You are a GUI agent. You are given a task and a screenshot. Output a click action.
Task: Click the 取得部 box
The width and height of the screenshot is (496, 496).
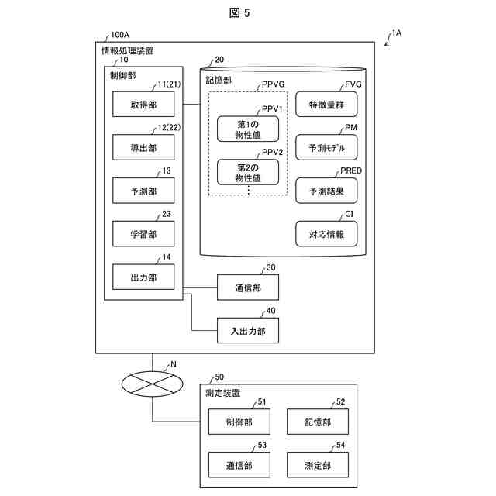pos(143,103)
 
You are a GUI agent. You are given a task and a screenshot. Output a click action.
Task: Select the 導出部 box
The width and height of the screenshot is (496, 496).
pos(143,146)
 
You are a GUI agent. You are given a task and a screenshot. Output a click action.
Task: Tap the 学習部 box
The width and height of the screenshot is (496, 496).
pos(143,232)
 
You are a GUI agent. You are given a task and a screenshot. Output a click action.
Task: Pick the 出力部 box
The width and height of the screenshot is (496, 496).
pos(143,276)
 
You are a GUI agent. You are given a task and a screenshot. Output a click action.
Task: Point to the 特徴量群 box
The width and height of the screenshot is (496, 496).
pos(326,104)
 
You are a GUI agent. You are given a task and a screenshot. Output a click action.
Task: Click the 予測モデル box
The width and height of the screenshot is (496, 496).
pos(326,147)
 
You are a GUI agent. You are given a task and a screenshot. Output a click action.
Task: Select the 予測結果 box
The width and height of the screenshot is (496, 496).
pos(326,191)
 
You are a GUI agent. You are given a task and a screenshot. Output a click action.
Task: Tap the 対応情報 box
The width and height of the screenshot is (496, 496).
pos(326,233)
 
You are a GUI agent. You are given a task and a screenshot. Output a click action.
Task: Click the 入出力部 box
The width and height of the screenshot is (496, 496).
pos(247,331)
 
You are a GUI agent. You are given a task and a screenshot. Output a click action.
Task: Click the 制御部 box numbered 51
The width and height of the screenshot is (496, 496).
pos(239,422)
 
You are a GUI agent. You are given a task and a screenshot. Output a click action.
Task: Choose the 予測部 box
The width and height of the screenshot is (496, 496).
pos(143,190)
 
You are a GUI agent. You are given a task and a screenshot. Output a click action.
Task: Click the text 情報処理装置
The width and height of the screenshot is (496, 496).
pos(127,50)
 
